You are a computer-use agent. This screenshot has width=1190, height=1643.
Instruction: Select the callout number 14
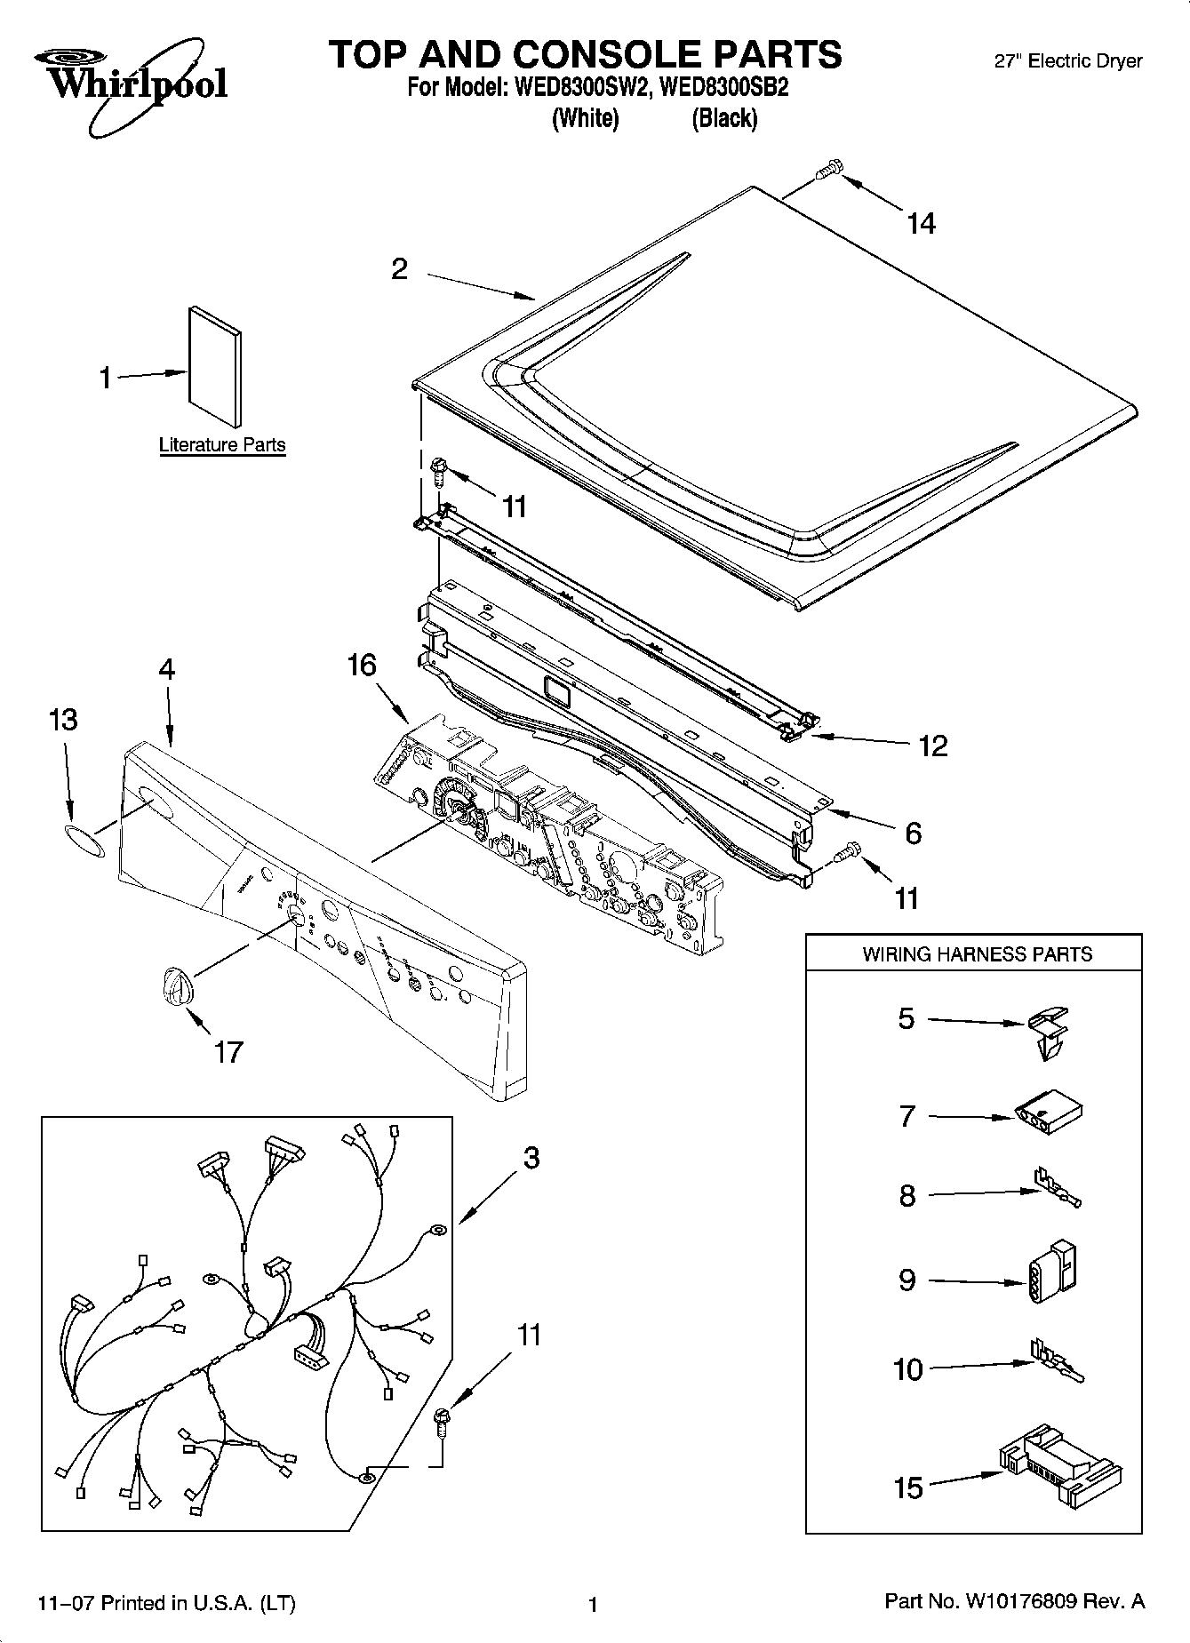[921, 223]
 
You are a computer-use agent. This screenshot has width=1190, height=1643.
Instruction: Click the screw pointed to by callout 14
[829, 168]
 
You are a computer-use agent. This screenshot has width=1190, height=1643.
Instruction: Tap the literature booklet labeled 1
[214, 365]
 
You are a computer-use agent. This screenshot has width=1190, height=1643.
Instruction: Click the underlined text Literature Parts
[222, 444]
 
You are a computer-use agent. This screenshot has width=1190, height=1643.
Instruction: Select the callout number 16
[362, 665]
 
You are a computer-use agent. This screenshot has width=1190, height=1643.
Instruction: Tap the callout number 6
[914, 833]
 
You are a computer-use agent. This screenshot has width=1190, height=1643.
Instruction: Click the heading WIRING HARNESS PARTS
[977, 954]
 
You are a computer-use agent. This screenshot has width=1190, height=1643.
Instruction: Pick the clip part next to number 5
[1049, 1030]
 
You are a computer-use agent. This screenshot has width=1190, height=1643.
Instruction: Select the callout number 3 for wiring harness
[531, 1158]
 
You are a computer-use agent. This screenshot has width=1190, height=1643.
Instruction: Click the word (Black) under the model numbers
[724, 118]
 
